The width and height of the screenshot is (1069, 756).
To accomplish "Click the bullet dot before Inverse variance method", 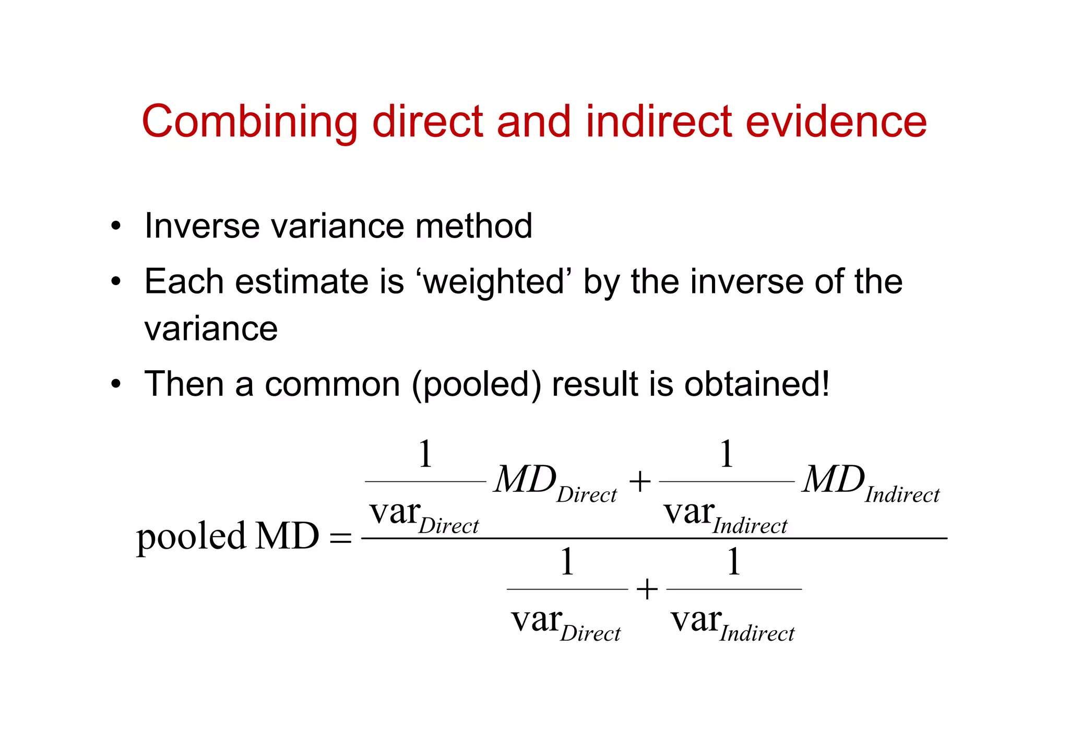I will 116,227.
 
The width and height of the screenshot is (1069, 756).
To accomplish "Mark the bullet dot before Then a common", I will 116,385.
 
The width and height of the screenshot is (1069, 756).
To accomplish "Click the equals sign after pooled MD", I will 341,538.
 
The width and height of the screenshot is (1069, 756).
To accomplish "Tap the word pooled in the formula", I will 191,537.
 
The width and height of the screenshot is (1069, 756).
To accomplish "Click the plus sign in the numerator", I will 640,481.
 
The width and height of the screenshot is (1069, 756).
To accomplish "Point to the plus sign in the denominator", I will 647,589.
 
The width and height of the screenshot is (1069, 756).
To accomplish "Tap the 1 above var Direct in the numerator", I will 425,454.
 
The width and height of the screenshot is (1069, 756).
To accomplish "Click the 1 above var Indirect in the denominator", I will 734,562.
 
